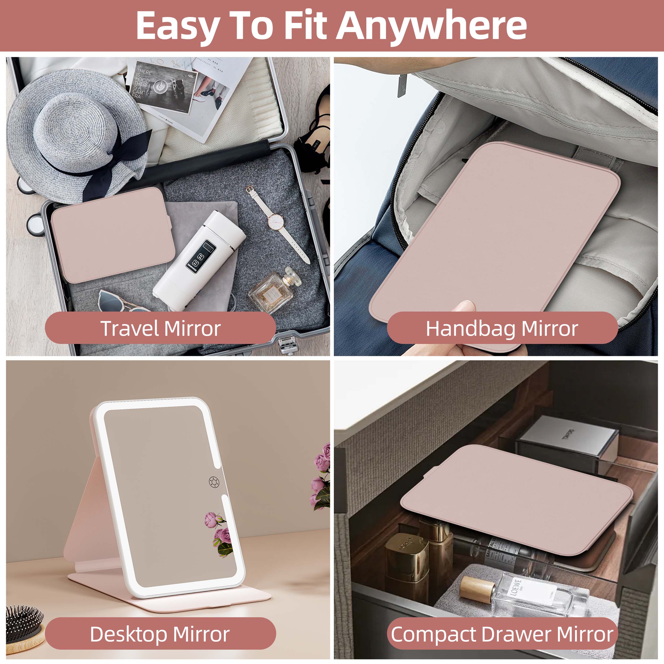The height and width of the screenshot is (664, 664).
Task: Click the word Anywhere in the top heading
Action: [431, 26]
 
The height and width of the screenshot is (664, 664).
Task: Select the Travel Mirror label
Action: [160, 328]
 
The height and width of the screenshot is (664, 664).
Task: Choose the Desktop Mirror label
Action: [160, 634]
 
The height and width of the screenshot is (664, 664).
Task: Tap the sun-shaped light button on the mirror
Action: [214, 482]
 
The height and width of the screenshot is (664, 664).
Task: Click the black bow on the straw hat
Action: [113, 165]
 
